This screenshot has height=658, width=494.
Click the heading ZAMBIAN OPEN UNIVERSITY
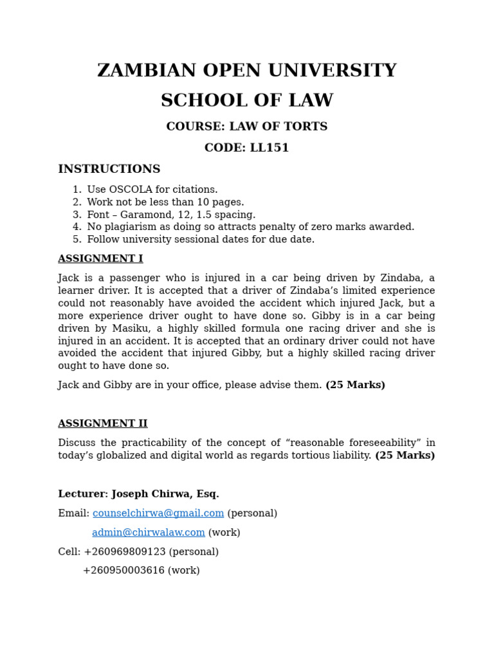click(246, 71)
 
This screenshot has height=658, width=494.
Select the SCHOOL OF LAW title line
click(246, 101)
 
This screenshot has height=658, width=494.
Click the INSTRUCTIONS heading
click(109, 169)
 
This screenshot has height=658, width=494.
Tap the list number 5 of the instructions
click(76, 240)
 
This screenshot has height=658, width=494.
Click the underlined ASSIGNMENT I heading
click(100, 259)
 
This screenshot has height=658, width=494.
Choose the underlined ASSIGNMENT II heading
click(103, 423)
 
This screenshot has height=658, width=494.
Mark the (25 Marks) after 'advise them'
click(355, 385)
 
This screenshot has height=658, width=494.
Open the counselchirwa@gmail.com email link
click(158, 513)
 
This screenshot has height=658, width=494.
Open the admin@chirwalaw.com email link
click(149, 533)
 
